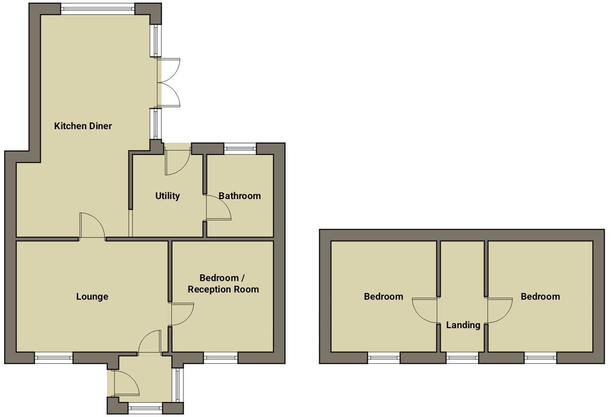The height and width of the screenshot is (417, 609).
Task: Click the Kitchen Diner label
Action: point(83,126)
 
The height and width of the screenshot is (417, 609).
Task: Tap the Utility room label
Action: point(167,196)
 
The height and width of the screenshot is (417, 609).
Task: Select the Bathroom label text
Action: point(239,196)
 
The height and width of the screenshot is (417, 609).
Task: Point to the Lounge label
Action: point(92,296)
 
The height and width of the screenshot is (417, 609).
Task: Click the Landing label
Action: point(463,325)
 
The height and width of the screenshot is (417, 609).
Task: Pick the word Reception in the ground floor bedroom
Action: point(208,289)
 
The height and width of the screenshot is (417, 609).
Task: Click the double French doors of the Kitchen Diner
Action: point(167,82)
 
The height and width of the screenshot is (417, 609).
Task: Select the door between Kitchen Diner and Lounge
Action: point(92,226)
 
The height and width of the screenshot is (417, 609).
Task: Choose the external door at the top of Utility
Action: point(177,161)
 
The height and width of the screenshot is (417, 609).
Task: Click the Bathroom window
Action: point(240,149)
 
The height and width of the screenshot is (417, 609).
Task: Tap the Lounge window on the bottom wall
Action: point(53,358)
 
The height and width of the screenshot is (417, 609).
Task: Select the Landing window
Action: point(462,358)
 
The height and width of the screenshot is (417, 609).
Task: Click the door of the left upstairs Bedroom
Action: point(425,311)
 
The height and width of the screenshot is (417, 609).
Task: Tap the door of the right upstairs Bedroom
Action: point(500,311)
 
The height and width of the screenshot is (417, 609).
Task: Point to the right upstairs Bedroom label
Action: point(540,296)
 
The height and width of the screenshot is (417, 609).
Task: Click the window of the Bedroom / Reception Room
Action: point(221,358)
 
